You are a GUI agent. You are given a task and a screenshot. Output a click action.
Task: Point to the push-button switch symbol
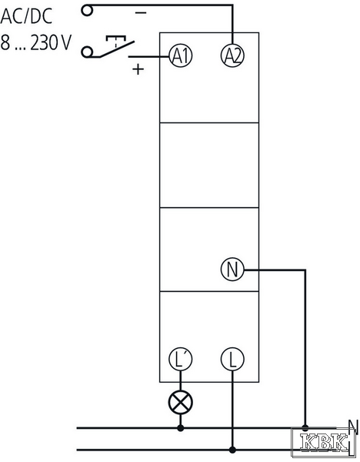coord(116,46)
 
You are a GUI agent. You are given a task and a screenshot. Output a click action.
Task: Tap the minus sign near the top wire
coord(141,12)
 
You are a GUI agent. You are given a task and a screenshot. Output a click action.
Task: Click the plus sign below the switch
coord(138,69)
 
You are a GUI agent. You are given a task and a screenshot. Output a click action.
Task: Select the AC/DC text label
coord(26,16)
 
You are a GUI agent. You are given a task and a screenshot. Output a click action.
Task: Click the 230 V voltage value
coord(51,42)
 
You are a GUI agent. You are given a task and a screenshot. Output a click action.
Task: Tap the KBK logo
coord(323,442)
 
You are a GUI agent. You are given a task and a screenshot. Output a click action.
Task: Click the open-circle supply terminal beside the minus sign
coord(87,11)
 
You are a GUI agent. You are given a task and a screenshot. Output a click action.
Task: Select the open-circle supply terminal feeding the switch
coord(87,52)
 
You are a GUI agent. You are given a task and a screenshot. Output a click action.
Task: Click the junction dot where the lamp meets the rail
coord(181,428)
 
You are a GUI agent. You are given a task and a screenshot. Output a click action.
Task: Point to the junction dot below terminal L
coord(232,450)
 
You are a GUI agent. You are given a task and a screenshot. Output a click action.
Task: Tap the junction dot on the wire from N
coord(305,427)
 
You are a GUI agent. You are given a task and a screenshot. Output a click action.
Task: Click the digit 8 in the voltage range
coord(5,42)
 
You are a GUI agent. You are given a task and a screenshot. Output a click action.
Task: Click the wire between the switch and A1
coord(148,56)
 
